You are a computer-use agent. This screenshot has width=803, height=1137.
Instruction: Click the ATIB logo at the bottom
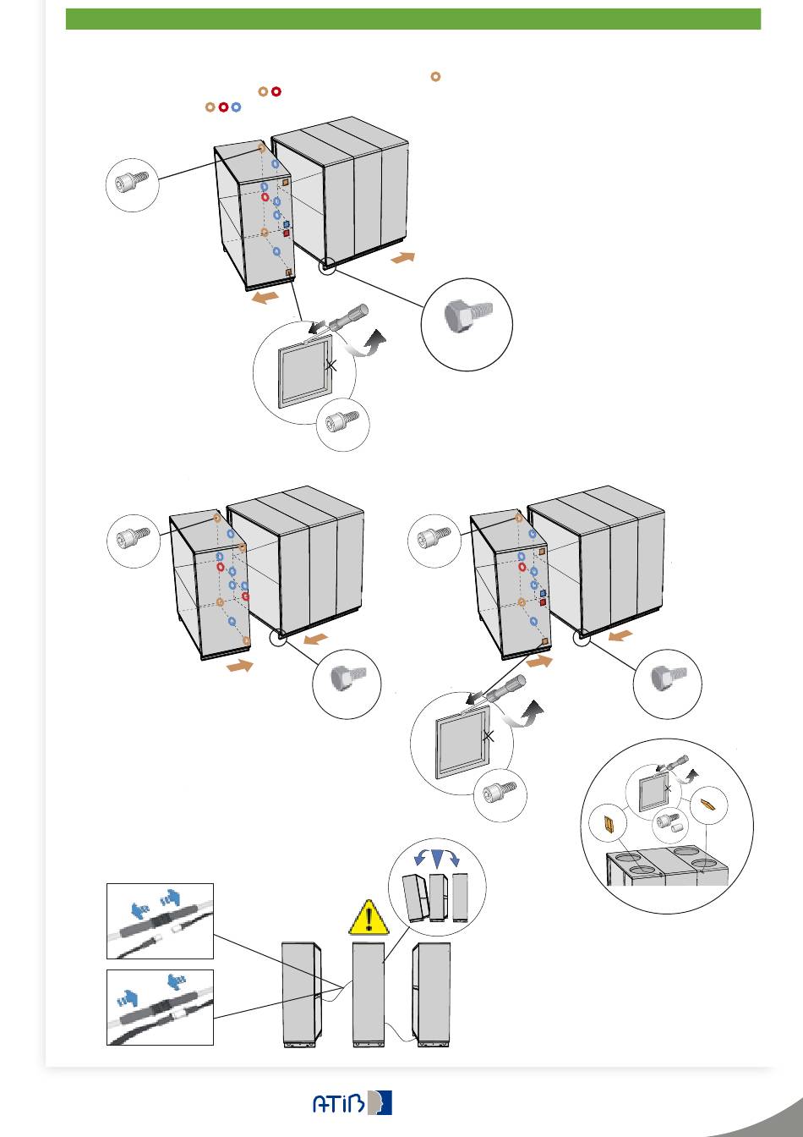point(352,1102)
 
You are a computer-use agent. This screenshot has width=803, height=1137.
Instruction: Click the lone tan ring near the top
point(435,77)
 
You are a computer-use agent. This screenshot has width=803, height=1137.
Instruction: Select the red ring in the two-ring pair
point(276,91)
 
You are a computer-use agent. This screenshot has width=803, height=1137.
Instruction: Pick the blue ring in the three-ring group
point(236,107)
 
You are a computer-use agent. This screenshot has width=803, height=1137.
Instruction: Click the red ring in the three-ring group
point(223,107)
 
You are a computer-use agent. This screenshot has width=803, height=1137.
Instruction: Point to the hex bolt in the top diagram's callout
point(467,314)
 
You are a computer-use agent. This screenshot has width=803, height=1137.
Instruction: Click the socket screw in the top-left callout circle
point(132,181)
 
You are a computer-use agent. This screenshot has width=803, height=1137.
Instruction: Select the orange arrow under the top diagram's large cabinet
point(403,258)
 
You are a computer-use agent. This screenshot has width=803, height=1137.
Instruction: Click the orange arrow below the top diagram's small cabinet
point(265,298)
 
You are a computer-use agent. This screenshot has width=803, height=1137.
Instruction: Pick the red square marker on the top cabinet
point(286,233)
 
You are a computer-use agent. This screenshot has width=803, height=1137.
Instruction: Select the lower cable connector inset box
point(160,1008)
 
